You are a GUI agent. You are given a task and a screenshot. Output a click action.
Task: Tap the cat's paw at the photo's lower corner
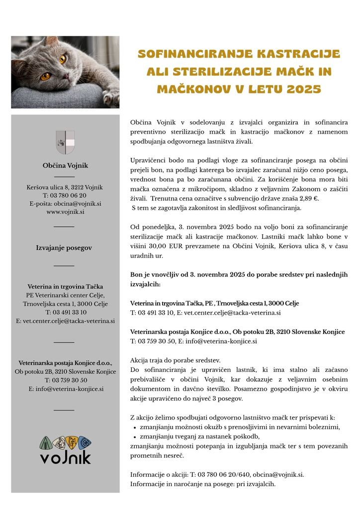coord(110,97)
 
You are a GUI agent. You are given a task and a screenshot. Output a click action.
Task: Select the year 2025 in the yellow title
coord(303,89)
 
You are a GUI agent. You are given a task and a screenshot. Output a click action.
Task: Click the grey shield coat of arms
coord(65,142)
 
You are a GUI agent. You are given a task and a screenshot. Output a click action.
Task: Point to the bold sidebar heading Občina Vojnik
coord(65,166)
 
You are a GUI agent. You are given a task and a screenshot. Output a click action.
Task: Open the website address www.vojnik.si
coord(65,211)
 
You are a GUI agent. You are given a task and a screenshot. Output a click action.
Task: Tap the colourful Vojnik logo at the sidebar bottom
coord(65,449)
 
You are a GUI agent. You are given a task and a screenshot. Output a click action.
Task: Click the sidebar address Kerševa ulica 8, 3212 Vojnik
coord(65,187)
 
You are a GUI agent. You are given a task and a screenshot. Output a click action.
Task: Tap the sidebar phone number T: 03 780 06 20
coord(65,195)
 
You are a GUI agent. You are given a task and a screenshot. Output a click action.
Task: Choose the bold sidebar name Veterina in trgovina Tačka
coord(65,287)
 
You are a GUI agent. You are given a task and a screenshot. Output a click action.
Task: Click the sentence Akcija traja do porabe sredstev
coord(175,360)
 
